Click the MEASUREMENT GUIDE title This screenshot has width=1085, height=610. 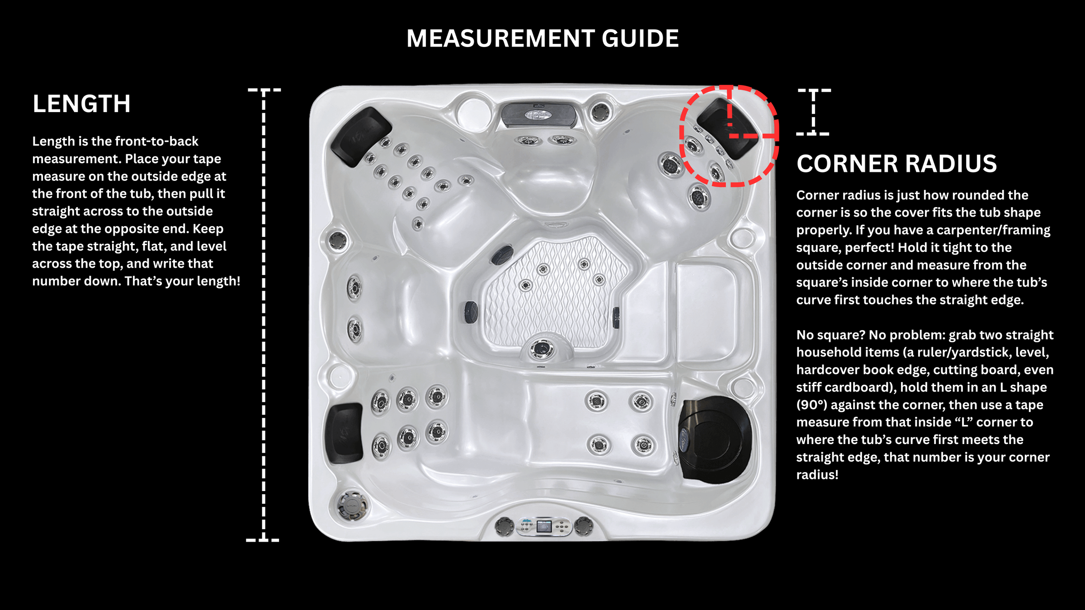pos(542,38)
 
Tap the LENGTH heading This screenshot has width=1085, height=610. pos(81,104)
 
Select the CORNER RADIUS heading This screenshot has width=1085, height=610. pos(896,163)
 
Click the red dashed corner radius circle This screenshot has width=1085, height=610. pos(681,136)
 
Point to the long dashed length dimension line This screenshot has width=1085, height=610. pos(264,315)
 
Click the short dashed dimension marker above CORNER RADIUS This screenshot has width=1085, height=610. pos(813,112)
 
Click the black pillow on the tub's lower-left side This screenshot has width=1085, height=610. pos(345,433)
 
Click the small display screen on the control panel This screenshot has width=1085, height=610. pos(544,526)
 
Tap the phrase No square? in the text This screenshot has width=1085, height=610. pos(831,335)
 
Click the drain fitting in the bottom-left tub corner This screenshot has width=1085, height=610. pos(352,505)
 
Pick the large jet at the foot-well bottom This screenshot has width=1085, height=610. pos(542,349)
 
